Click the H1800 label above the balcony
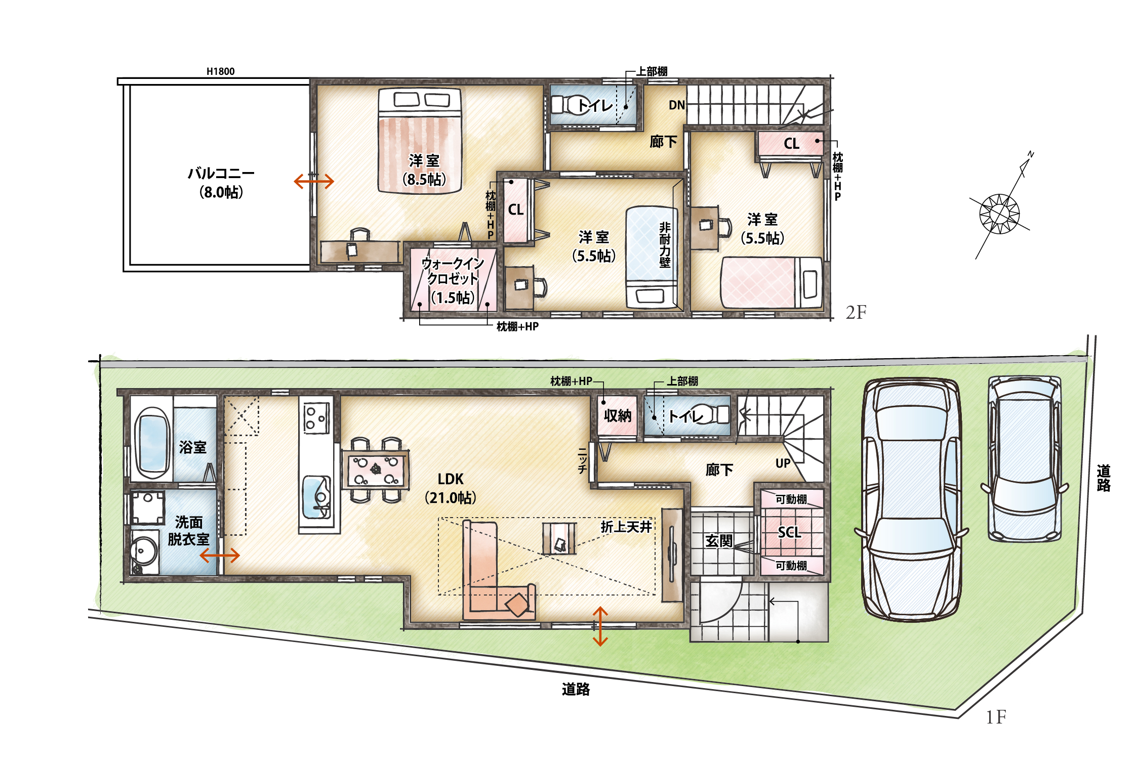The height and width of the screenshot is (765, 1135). [220, 71]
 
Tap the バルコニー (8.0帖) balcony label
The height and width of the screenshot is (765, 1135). [221, 183]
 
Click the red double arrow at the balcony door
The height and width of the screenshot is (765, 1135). [314, 181]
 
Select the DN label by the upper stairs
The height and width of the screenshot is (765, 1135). [677, 105]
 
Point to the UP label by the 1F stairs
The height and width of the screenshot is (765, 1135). [783, 463]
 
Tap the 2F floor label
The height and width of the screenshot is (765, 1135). [856, 312]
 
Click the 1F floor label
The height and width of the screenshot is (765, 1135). [996, 717]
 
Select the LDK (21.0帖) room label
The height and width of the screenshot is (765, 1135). [451, 488]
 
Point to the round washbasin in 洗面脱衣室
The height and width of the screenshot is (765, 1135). [144, 550]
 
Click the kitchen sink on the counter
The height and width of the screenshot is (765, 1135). [316, 497]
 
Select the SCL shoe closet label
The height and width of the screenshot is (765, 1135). [789, 532]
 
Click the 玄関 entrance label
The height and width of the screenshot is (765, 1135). [719, 541]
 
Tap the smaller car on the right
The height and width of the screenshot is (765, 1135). [1025, 458]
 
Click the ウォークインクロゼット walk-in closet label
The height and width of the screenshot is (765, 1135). [453, 280]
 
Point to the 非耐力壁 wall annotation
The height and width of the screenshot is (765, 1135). [665, 245]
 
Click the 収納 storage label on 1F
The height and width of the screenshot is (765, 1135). [618, 416]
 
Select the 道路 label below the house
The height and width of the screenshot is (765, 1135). [576, 689]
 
